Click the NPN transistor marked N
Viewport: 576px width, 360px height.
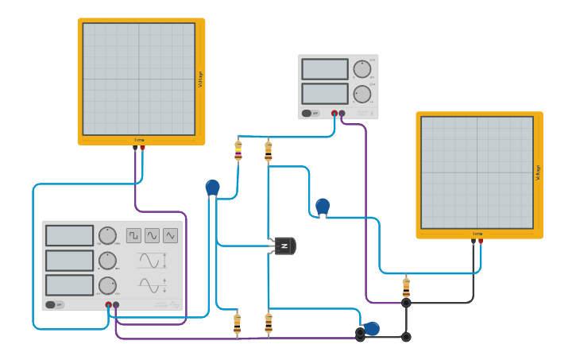click(284, 246)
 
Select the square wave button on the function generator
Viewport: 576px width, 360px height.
click(133, 235)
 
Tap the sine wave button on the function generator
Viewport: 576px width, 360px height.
click(152, 235)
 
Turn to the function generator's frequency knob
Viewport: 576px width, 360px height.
click(107, 236)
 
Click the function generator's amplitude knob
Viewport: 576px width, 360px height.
click(107, 261)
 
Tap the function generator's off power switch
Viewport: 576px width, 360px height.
click(54, 304)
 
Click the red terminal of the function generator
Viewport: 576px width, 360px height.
click(109, 304)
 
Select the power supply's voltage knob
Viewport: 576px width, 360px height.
click(362, 69)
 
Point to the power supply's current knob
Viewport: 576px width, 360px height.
click(362, 94)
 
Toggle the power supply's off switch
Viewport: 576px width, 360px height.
click(310, 114)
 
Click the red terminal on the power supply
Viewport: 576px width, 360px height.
click(334, 114)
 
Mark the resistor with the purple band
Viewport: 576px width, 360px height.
click(238, 150)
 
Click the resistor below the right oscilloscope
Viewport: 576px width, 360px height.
click(406, 286)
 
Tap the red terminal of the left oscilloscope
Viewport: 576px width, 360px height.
click(143, 148)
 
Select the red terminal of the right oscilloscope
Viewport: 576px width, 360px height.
click(481, 241)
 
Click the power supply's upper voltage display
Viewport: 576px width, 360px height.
click(324, 69)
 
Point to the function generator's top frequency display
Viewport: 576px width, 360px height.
click(69, 236)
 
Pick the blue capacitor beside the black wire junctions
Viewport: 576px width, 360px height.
click(371, 328)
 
